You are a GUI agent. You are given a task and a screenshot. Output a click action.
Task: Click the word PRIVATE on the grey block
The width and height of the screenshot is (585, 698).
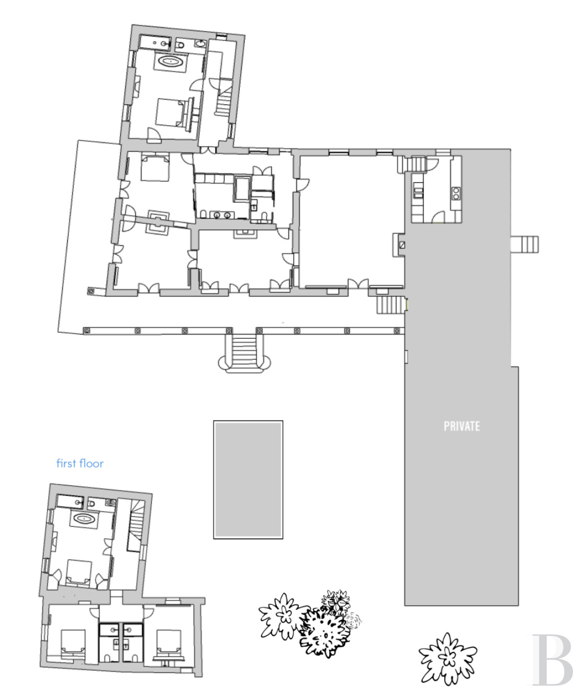point(462,426)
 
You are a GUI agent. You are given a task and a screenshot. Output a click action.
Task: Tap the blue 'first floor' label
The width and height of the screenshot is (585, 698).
point(80,463)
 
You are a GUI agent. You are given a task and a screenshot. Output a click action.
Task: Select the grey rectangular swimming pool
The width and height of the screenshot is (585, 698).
point(248,480)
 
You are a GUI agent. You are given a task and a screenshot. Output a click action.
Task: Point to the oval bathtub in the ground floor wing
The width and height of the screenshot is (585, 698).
point(171,61)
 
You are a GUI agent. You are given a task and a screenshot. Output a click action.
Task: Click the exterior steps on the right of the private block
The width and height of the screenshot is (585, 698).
point(525,245)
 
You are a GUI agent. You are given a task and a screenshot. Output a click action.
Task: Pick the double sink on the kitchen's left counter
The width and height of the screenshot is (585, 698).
point(418,193)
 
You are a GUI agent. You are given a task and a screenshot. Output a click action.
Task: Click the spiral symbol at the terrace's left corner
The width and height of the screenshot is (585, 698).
point(91,292)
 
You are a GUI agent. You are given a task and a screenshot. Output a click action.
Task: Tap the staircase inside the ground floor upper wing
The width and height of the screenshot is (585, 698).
point(224,97)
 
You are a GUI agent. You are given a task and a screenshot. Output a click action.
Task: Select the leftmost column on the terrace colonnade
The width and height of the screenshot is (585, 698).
point(87,331)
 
